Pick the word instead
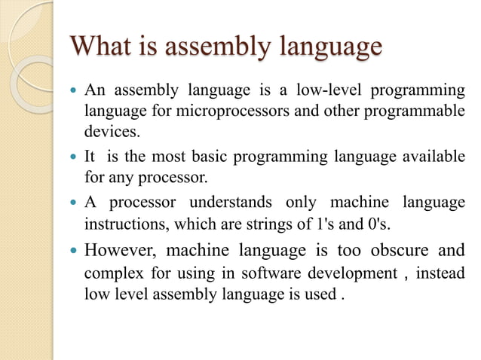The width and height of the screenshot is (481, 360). click(439, 271)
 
